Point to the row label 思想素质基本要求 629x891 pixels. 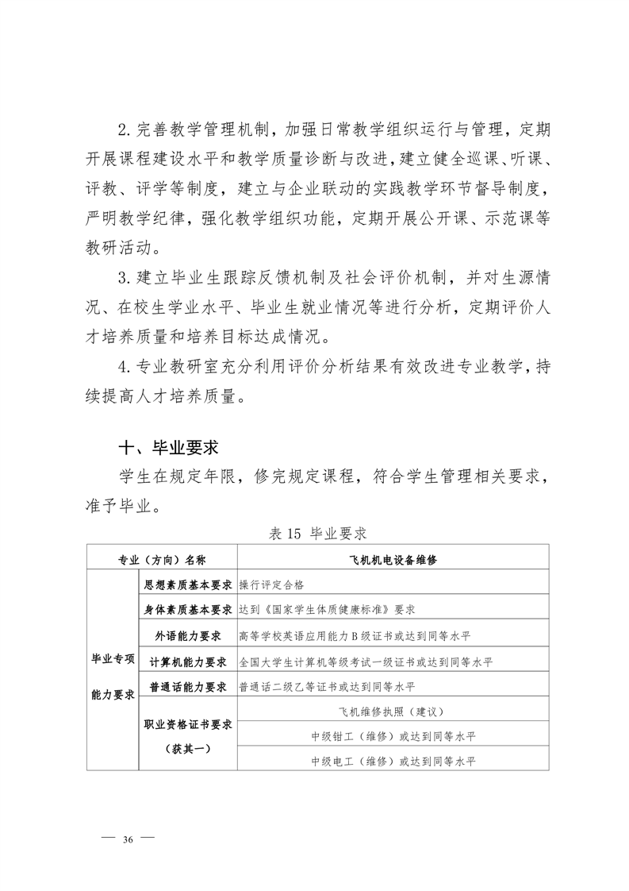pos(187,584)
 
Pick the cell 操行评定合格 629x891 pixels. pos(271,584)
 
